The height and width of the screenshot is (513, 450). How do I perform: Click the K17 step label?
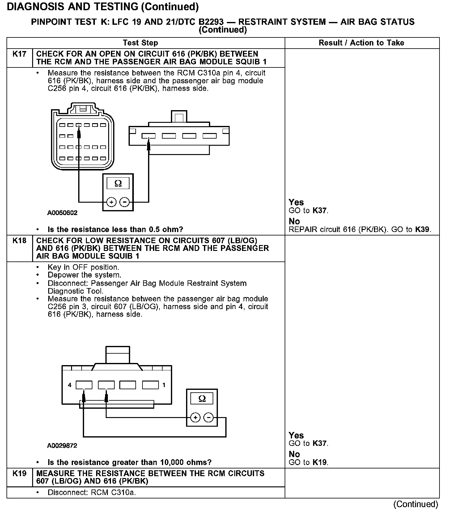19,54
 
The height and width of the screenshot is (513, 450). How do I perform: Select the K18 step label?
19,241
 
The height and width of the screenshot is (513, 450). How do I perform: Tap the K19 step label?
19,473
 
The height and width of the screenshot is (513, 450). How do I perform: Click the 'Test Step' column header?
140,43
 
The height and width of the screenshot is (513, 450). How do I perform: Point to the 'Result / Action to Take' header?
361,43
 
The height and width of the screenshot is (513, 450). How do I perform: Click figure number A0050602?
62,213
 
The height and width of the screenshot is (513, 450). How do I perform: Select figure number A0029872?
62,446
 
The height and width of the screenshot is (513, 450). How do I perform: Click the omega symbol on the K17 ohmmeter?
118,184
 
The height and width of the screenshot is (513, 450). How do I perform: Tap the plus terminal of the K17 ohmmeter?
111,202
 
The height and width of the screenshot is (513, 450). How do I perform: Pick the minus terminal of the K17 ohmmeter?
125,202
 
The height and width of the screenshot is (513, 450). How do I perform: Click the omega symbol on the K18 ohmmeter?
202,399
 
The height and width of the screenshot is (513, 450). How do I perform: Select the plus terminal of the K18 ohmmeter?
195,418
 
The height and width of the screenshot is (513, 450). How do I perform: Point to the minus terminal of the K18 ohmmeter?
209,418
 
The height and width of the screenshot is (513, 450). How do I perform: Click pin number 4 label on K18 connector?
70,385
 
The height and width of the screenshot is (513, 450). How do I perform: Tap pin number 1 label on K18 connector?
164,385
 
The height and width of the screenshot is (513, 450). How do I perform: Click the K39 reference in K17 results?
422,230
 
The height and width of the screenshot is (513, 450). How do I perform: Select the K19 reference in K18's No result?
320,463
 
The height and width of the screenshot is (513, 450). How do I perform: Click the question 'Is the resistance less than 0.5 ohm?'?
115,230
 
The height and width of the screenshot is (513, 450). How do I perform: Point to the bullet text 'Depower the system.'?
84,275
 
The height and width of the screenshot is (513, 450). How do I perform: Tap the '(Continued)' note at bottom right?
415,504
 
